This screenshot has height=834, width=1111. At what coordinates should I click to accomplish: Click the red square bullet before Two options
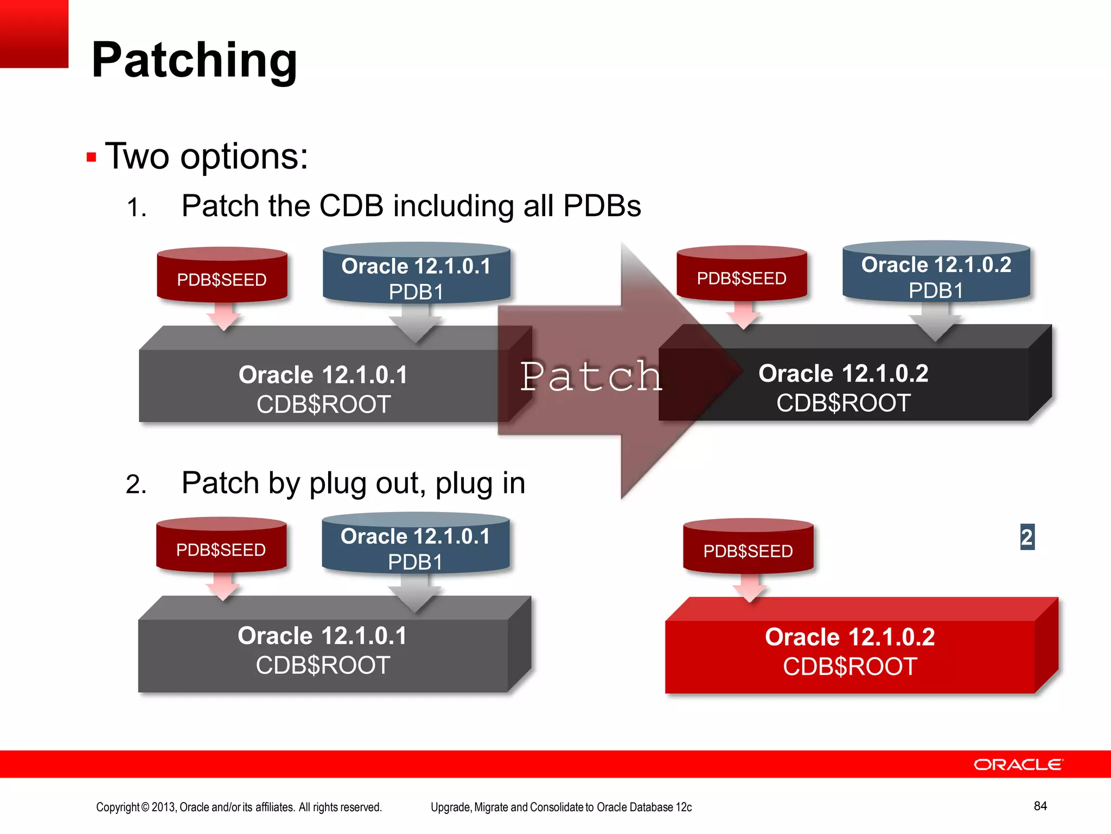tap(91, 158)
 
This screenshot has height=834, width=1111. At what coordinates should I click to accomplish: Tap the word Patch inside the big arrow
tap(591, 376)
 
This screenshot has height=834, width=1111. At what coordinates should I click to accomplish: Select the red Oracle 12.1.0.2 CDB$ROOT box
tap(850, 652)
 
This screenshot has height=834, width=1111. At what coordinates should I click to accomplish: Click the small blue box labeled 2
tap(1027, 537)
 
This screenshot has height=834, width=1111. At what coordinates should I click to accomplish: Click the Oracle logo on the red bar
tap(1018, 764)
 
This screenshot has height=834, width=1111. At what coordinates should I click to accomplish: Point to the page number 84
tap(1040, 806)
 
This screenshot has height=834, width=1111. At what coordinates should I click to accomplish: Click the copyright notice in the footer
tap(239, 807)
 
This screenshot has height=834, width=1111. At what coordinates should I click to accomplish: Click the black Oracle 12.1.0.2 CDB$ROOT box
tap(868, 387)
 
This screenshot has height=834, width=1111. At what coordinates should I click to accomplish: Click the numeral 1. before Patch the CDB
tap(136, 208)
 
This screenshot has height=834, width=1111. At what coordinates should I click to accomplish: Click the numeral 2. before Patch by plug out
tap(136, 484)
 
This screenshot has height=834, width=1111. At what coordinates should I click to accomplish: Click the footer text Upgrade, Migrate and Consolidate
tap(561, 807)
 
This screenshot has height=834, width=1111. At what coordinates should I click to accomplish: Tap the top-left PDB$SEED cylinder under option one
tap(222, 276)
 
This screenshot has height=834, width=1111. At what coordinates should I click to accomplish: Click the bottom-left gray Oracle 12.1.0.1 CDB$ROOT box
tap(323, 651)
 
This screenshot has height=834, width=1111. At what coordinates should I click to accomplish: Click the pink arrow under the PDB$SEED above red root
tap(749, 587)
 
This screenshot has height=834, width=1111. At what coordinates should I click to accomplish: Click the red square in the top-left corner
tap(34, 33)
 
